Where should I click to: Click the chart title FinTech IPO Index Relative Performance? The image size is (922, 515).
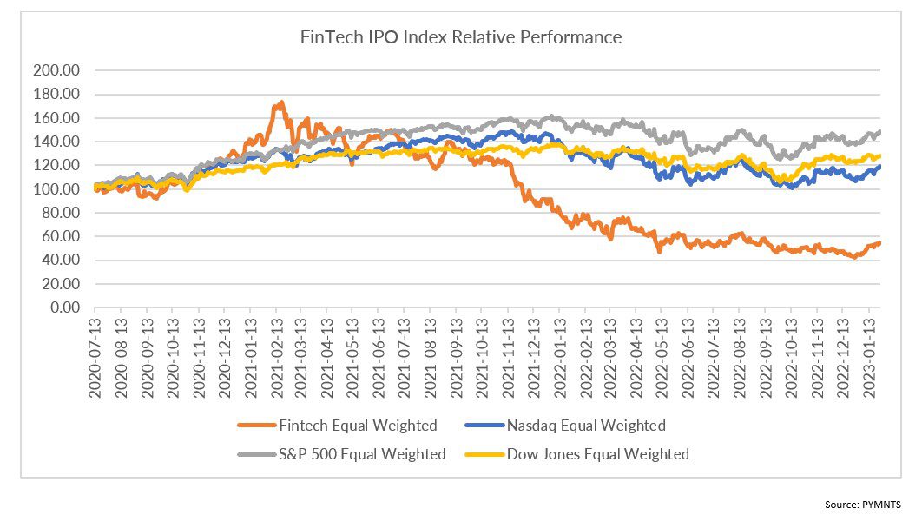coord(460,37)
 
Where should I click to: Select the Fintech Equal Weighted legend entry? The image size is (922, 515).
coord(338,425)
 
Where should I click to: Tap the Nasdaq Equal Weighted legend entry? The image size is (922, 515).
coord(565,425)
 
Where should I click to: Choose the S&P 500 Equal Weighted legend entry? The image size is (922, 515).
coord(342,454)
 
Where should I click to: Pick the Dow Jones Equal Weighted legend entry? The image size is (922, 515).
coord(576,454)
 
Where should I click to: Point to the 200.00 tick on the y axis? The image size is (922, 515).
coord(56,70)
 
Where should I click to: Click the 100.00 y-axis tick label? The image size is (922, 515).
coord(56,188)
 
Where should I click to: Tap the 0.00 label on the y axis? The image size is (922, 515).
coord(64,307)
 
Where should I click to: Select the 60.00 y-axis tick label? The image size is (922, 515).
coord(60,236)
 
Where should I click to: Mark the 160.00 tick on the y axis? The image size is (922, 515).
coord(56,117)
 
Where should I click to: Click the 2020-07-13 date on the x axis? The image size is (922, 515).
coord(95,358)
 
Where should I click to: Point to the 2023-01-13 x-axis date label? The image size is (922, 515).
coord(869,358)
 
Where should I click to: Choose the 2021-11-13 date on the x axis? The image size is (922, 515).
coord(508,358)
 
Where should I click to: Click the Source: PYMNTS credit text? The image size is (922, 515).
coord(863,505)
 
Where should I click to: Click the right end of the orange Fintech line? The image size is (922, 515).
coord(879,243)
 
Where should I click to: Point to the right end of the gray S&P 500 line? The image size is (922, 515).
coord(879,132)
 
